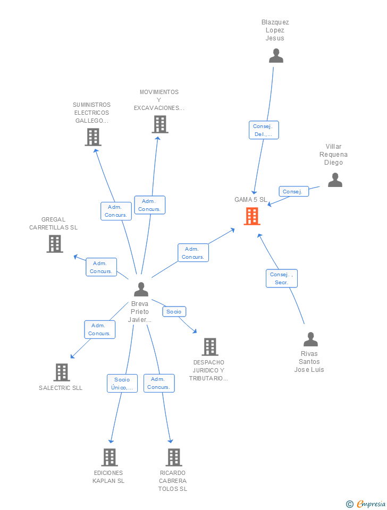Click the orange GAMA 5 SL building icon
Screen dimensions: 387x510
pyautogui.click(x=252, y=216)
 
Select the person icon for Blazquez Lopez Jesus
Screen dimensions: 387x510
pyautogui.click(x=276, y=56)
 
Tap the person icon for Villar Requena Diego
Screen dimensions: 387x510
pyautogui.click(x=335, y=180)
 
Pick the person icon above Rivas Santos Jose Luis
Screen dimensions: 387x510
pyautogui.click(x=310, y=339)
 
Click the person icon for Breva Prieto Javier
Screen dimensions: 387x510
pyautogui.click(x=141, y=289)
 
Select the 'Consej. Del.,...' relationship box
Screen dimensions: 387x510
pyautogui.click(x=264, y=130)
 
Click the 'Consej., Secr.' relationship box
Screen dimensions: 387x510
pyautogui.click(x=282, y=278)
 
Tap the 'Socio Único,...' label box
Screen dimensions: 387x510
pyautogui.click(x=122, y=383)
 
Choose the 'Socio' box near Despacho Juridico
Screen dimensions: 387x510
pyautogui.click(x=174, y=312)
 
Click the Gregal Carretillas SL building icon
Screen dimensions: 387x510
pyautogui.click(x=55, y=244)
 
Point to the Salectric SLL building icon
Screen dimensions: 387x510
pyautogui.click(x=62, y=372)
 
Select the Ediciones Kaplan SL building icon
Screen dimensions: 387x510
pyautogui.click(x=110, y=457)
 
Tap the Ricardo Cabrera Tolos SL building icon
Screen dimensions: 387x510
pyautogui.click(x=174, y=457)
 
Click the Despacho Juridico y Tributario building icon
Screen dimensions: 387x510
pyautogui.click(x=210, y=347)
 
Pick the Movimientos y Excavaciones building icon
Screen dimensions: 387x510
pyautogui.click(x=160, y=124)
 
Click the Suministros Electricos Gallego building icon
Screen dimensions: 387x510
pyautogui.click(x=93, y=137)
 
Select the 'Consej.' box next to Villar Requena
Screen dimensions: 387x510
pyautogui.click(x=293, y=192)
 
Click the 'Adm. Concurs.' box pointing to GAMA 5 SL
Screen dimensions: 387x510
pyautogui.click(x=193, y=253)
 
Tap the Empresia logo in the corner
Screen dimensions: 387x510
pyautogui.click(x=366, y=504)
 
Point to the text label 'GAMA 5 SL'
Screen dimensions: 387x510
pyautogui.click(x=250, y=200)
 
